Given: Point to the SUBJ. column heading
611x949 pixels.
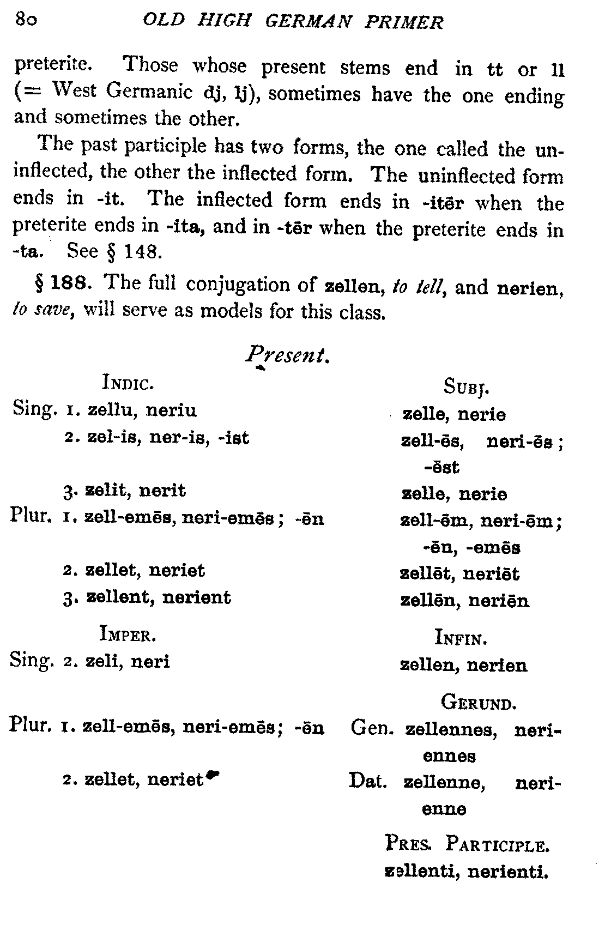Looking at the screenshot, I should tap(467, 387).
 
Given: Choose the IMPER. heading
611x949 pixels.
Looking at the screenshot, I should tap(128, 634).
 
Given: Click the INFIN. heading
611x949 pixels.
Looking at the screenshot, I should tap(461, 637).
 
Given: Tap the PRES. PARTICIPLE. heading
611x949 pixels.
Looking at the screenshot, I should tap(467, 845).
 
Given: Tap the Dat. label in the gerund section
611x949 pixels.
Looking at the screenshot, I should tap(368, 781).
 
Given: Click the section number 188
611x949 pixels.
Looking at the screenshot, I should tap(67, 283).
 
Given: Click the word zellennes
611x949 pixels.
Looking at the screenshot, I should tap(450, 729).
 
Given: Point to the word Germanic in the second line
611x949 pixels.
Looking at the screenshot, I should tap(149, 92).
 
